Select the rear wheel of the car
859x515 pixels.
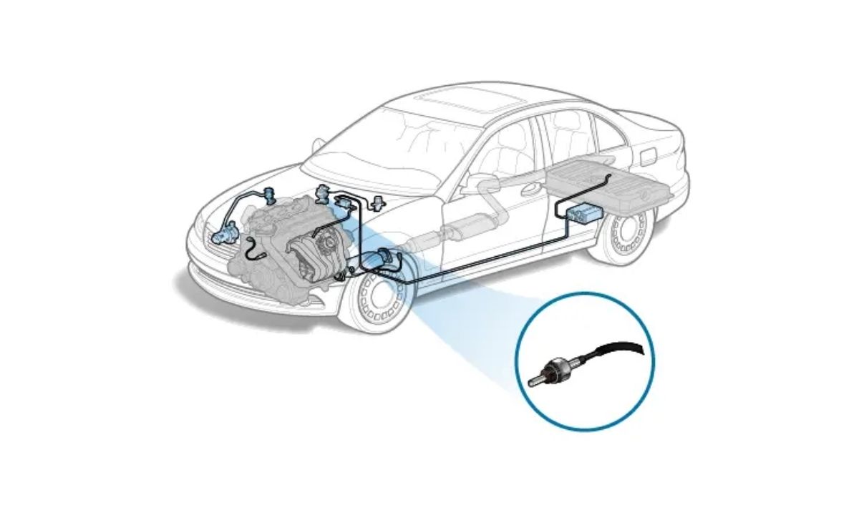pos(625,231)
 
